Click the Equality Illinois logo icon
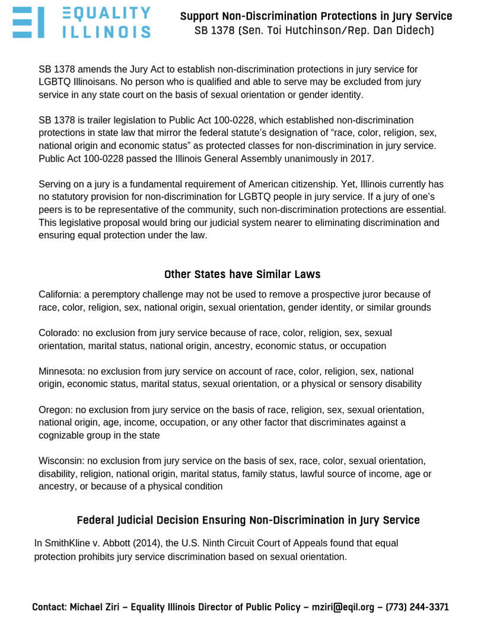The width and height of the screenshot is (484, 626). (x=28, y=23)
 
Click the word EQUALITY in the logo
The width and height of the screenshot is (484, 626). (x=106, y=13)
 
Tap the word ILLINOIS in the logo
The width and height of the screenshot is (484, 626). (x=106, y=31)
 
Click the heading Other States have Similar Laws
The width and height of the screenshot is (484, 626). (x=242, y=274)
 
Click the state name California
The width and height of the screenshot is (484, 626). (x=59, y=295)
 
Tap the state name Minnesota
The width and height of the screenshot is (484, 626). (x=60, y=371)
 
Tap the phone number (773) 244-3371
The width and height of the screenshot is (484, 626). (x=417, y=608)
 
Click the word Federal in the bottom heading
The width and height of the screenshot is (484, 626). (x=97, y=520)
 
